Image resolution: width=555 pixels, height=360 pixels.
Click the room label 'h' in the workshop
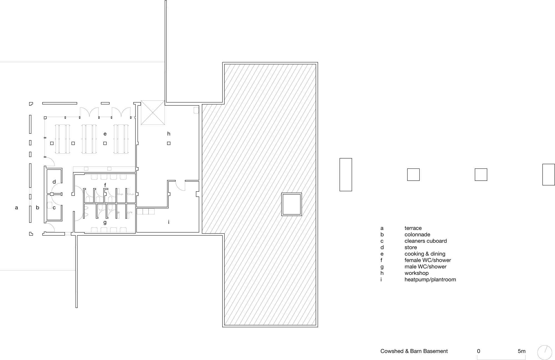pyautogui.click(x=169, y=134)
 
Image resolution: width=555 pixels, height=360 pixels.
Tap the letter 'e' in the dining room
pyautogui.click(x=105, y=134)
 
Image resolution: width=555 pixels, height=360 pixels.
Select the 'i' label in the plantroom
pyautogui.click(x=169, y=222)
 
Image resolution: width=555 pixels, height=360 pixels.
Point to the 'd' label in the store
pyautogui.click(x=54, y=182)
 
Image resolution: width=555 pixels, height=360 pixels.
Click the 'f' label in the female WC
pyautogui.click(x=105, y=185)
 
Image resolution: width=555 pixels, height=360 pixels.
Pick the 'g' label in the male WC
pyautogui.click(x=105, y=222)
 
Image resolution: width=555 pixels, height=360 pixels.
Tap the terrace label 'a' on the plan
pyautogui.click(x=16, y=207)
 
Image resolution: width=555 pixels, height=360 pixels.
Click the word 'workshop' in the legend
pyautogui.click(x=417, y=273)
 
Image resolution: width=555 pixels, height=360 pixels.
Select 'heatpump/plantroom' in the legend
pyautogui.click(x=430, y=280)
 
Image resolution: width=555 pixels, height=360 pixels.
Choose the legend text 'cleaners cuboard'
pyautogui.click(x=426, y=241)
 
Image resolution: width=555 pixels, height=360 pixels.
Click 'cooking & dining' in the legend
pyautogui.click(x=425, y=254)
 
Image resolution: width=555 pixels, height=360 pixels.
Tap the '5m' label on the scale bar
pyautogui.click(x=521, y=351)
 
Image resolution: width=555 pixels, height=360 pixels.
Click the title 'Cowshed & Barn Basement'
pyautogui.click(x=414, y=351)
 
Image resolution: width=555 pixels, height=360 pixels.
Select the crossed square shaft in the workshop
pyautogui.click(x=153, y=113)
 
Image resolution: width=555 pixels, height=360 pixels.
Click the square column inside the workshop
pyautogui.click(x=169, y=143)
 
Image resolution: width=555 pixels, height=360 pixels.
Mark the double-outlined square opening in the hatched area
pyautogui.click(x=292, y=204)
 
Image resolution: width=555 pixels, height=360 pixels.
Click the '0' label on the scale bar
pyautogui.click(x=479, y=351)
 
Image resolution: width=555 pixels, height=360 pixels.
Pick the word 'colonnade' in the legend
pyautogui.click(x=417, y=235)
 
